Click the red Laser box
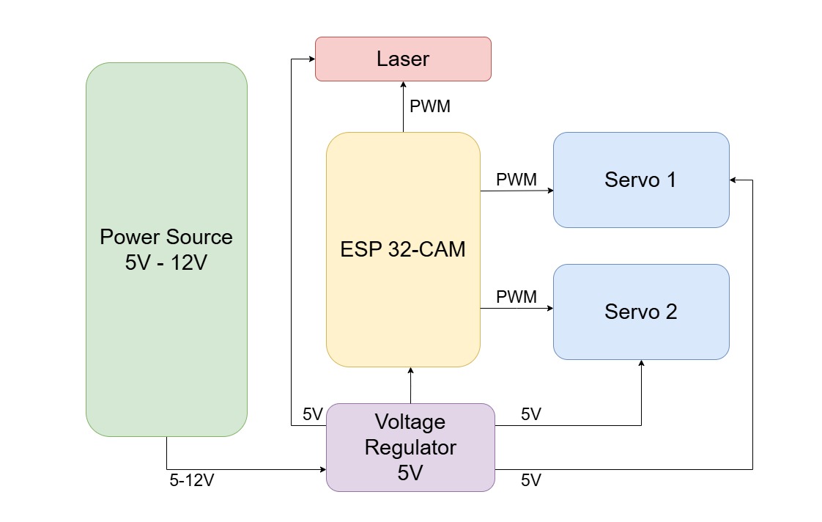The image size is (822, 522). (402, 59)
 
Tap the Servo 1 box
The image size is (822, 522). (640, 180)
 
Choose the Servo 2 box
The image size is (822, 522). (640, 312)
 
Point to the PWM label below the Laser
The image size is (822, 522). (430, 106)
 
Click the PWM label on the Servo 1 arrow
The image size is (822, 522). (516, 180)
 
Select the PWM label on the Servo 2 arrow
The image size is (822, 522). (516, 297)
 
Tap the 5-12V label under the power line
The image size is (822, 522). (191, 480)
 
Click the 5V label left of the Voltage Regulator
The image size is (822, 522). (313, 414)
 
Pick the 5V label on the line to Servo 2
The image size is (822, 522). (531, 414)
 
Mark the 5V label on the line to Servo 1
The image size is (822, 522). (531, 480)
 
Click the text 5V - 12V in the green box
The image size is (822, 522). (166, 262)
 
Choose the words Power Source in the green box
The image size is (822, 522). (166, 238)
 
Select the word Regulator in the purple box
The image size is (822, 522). (410, 447)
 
